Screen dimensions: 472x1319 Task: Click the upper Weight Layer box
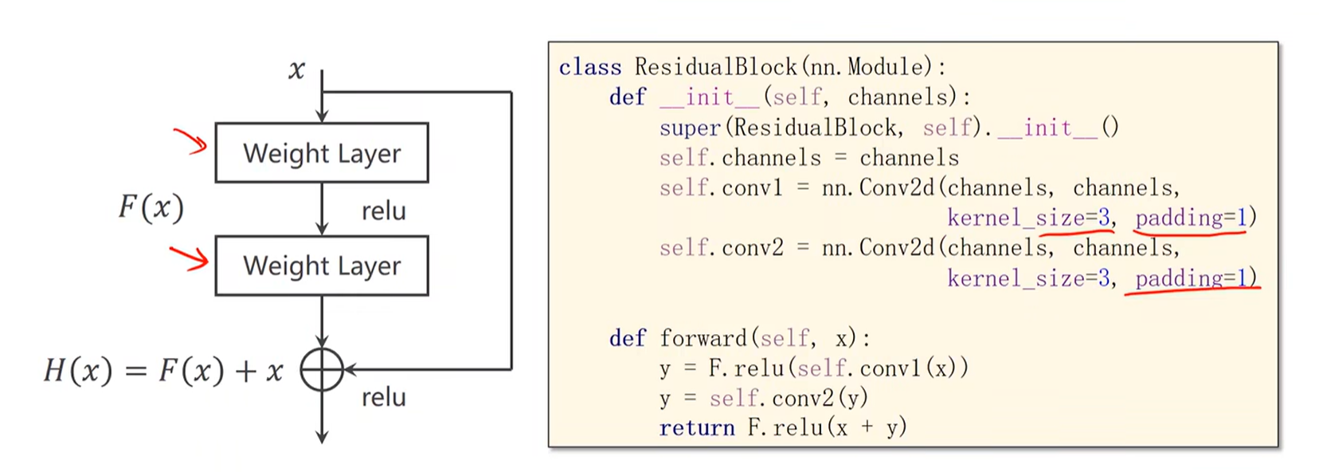[321, 152]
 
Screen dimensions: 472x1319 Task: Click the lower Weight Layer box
[321, 265]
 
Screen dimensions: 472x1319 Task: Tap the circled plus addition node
[322, 370]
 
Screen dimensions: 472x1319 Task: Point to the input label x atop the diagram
[296, 70]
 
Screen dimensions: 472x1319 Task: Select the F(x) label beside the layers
[151, 207]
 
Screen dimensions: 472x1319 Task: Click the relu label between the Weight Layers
[383, 211]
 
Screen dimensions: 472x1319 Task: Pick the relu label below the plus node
[383, 397]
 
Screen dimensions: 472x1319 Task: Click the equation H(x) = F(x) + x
[163, 371]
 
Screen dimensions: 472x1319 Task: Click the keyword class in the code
[589, 67]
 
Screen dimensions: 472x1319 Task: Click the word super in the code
[689, 128]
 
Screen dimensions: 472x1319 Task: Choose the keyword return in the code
[696, 428]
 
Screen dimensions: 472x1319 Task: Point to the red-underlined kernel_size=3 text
[1027, 218]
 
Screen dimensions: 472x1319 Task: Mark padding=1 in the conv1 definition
[1190, 218]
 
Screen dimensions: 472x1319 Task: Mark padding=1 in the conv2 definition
[1190, 278]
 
